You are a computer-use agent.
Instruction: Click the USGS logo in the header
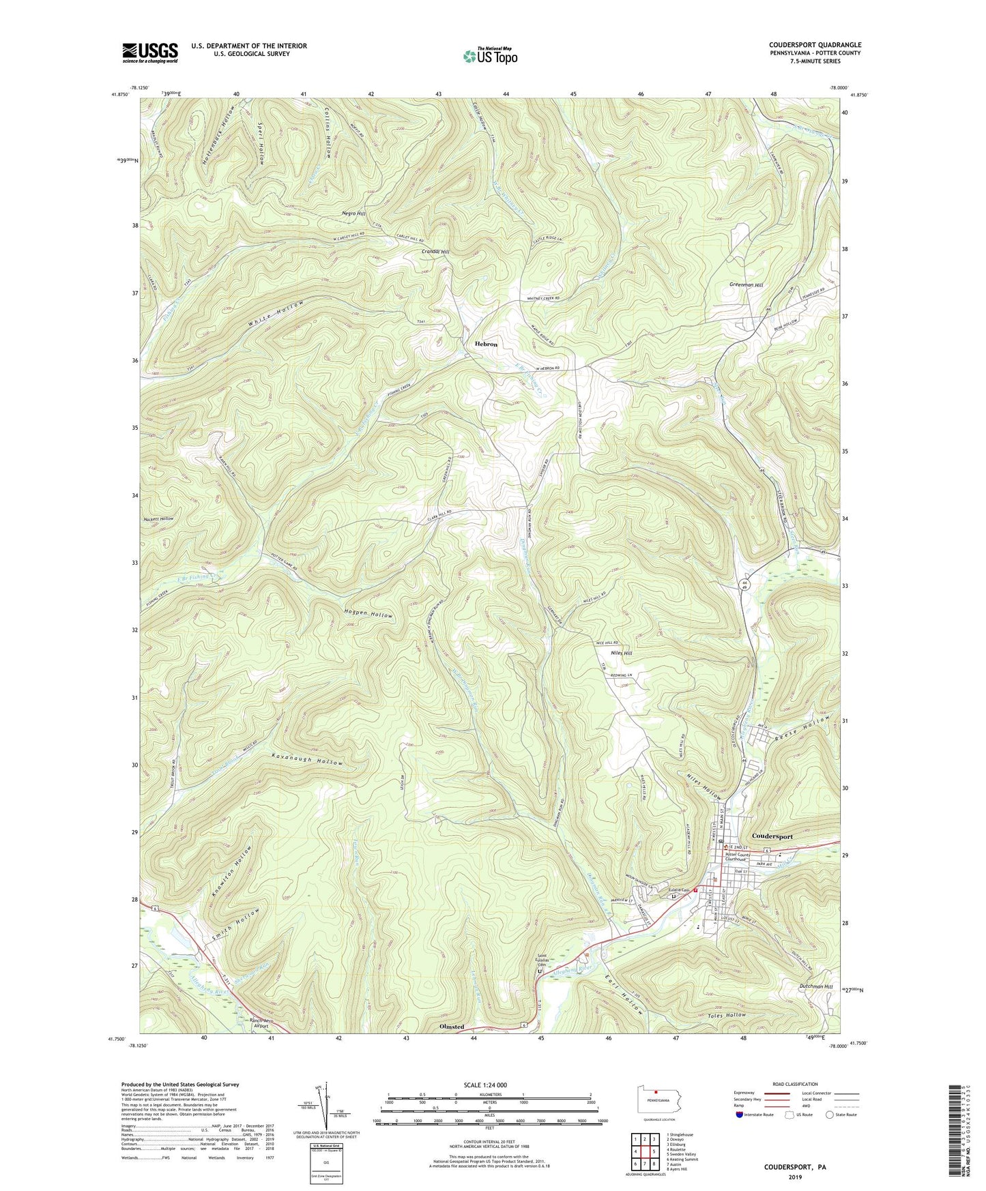tap(149, 53)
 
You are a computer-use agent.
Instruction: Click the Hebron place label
tap(486, 344)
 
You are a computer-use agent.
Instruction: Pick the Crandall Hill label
tap(435, 252)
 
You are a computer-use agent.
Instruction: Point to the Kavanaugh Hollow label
tap(307, 759)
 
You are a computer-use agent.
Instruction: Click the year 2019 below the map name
tap(795, 1177)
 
